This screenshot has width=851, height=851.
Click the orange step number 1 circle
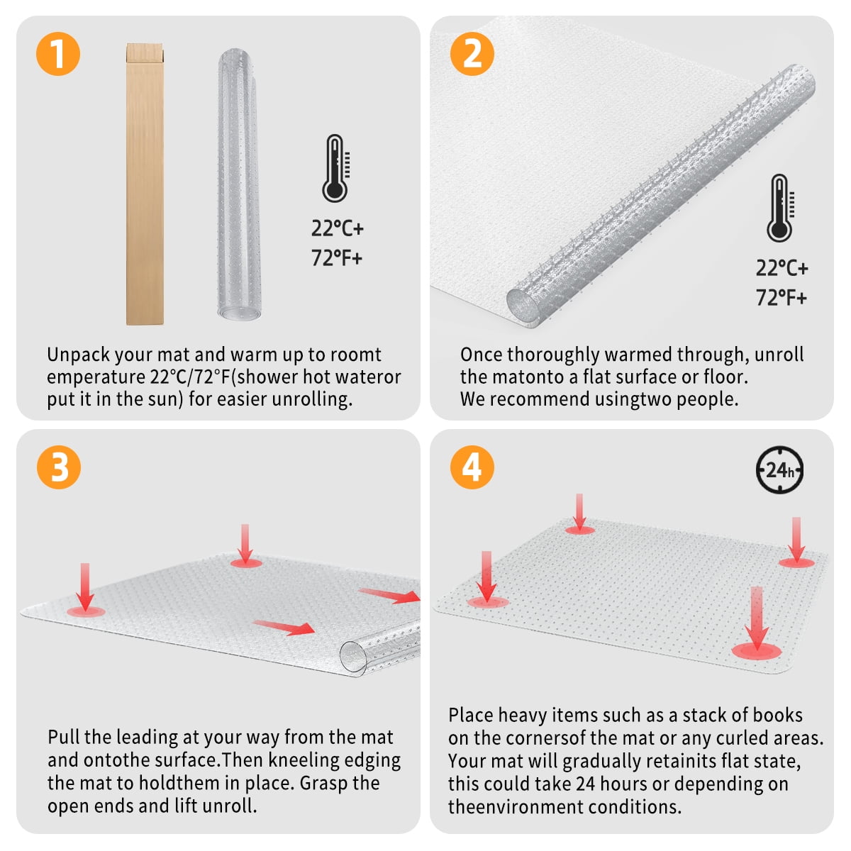pos(57,54)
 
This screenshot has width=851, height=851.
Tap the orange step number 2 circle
pos(472,54)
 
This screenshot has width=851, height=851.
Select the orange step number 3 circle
pos(57,467)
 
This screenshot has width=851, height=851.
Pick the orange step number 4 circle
pos(472,467)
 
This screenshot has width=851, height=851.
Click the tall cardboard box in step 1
pos(145,184)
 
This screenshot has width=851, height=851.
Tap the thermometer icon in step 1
pos(335,169)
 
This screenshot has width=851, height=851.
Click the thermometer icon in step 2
pos(779,208)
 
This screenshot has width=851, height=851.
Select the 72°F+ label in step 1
pos(337,258)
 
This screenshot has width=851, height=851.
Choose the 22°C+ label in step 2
pos(782,268)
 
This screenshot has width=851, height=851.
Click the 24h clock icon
pos(779,469)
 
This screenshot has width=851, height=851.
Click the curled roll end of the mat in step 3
pos(354,655)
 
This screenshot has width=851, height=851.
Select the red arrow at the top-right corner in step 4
pos(796,539)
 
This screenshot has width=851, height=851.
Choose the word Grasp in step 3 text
pos(324,783)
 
